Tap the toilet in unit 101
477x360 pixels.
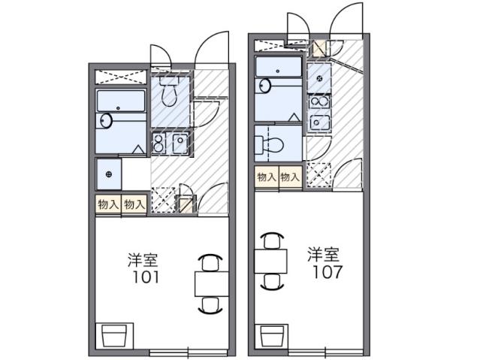168,94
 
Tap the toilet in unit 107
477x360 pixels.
276,143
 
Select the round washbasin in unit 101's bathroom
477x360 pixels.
105,119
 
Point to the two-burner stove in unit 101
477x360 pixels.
158,143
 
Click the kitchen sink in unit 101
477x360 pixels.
180,143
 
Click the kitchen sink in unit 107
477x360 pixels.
319,123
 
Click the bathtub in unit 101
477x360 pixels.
120,101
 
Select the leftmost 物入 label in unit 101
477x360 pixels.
107,204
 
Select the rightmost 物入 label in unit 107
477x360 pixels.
290,177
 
